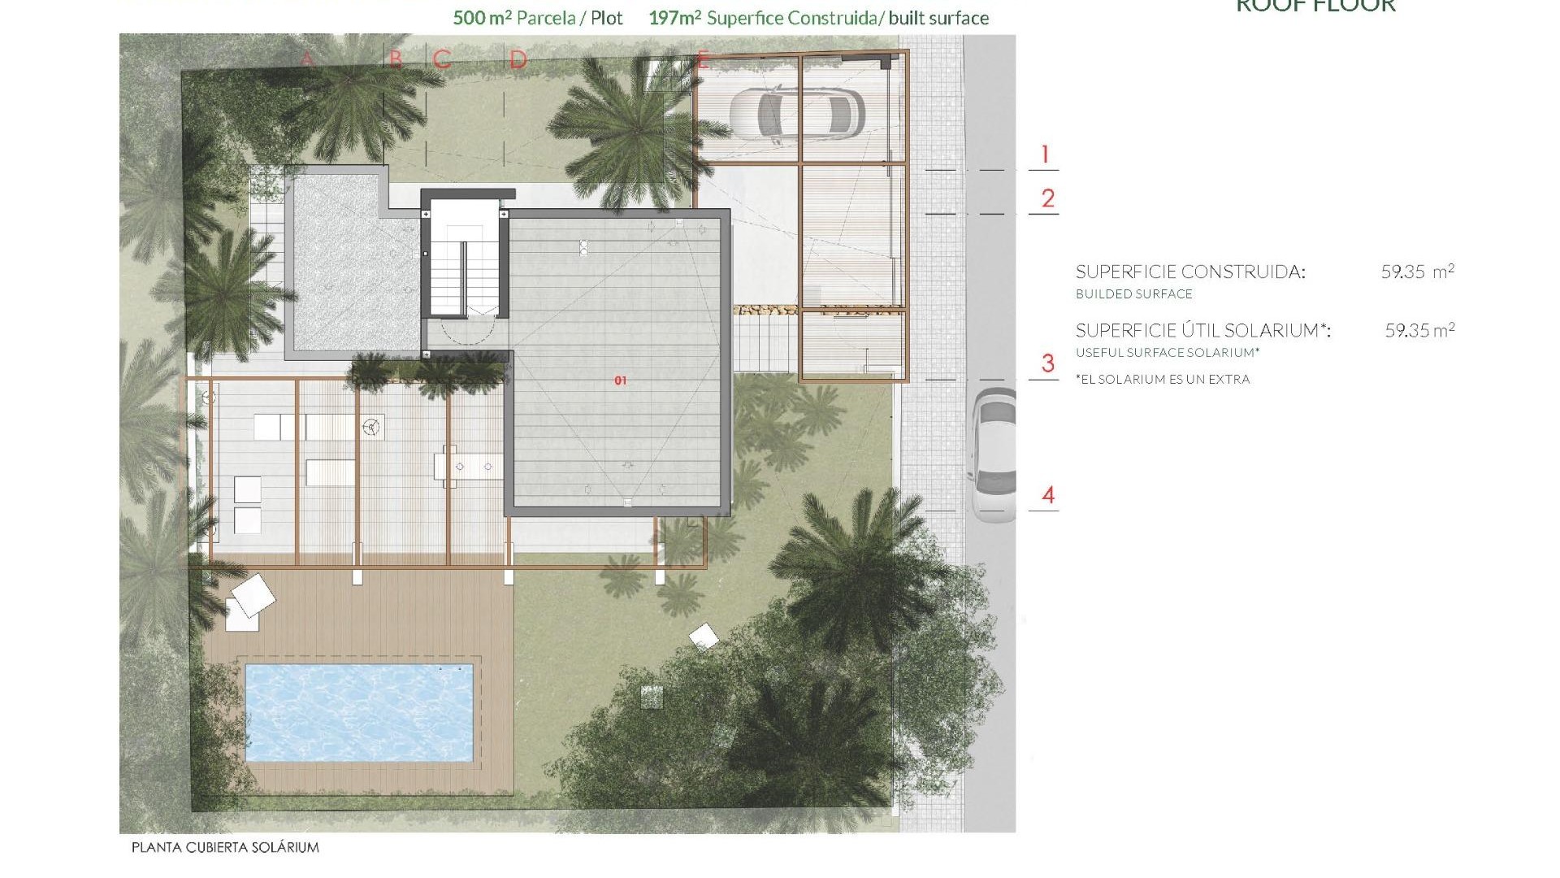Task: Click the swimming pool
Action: point(358,713)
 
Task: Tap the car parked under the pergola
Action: point(796,115)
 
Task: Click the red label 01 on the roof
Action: point(621,380)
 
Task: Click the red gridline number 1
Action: point(1045,154)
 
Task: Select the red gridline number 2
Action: point(1047,198)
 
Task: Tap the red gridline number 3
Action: point(1047,363)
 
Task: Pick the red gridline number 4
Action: point(1048,495)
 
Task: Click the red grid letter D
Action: point(518,59)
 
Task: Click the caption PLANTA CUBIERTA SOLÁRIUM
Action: point(225,847)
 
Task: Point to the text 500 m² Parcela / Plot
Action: point(538,18)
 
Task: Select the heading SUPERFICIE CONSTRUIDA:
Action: point(1190,272)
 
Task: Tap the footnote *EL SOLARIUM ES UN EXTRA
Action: point(1163,379)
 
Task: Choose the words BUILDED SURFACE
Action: point(1134,294)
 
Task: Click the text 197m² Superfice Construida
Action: point(762,18)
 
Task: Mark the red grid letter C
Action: point(442,59)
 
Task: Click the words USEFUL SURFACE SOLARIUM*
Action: point(1168,353)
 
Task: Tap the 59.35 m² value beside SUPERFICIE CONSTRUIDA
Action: point(1417,272)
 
